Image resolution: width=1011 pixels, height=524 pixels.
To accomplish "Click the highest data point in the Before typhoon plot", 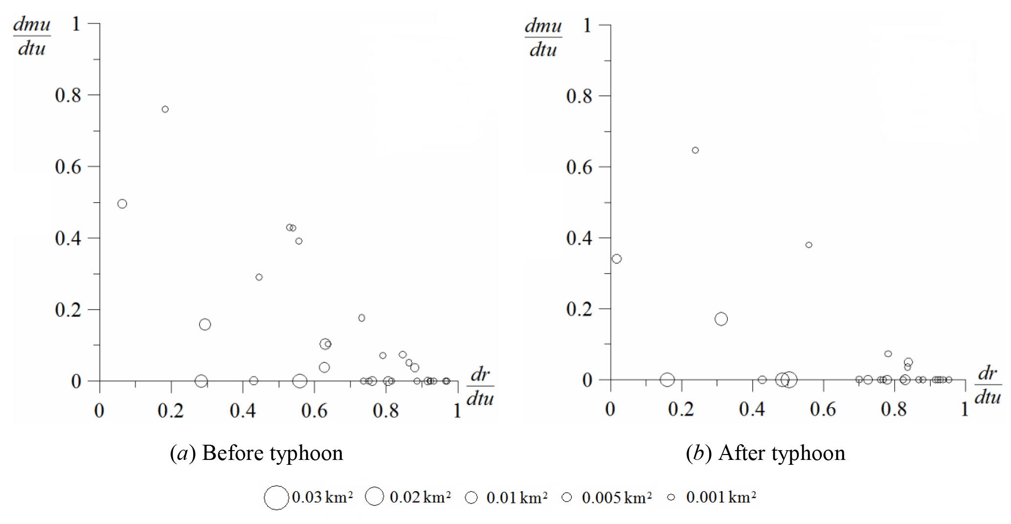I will pyautogui.click(x=165, y=109).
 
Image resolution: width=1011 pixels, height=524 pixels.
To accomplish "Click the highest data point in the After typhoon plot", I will pyautogui.click(x=695, y=150).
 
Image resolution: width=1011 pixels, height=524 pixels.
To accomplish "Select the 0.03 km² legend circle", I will pyautogui.click(x=276, y=498).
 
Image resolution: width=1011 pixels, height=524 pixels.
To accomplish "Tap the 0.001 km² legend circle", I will pyautogui.click(x=671, y=497).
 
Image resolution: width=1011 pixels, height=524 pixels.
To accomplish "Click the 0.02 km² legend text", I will pyautogui.click(x=420, y=497).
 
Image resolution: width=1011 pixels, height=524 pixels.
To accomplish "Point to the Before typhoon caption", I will pyautogui.click(x=256, y=453).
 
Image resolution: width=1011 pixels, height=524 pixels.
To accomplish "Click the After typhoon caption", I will pyautogui.click(x=765, y=453).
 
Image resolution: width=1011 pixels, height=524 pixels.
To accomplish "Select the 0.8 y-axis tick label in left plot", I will pyautogui.click(x=68, y=95).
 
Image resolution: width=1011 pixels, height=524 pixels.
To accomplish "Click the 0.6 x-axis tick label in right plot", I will pyautogui.click(x=823, y=409).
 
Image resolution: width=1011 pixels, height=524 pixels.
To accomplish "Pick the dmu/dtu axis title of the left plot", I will pyautogui.click(x=31, y=37).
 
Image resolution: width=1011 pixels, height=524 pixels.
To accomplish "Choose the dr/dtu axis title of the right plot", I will pyautogui.click(x=988, y=385).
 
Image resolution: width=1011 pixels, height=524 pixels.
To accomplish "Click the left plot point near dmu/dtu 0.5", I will pyautogui.click(x=122, y=204).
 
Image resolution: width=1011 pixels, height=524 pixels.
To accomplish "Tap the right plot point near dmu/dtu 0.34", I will pyautogui.click(x=617, y=259).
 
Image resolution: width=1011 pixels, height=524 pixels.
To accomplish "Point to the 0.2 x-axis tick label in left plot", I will pyautogui.click(x=171, y=410).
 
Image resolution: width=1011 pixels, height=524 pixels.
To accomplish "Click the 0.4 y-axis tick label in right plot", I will pyautogui.click(x=579, y=238).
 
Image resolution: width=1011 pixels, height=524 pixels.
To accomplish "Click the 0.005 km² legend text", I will pyautogui.click(x=616, y=498).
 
